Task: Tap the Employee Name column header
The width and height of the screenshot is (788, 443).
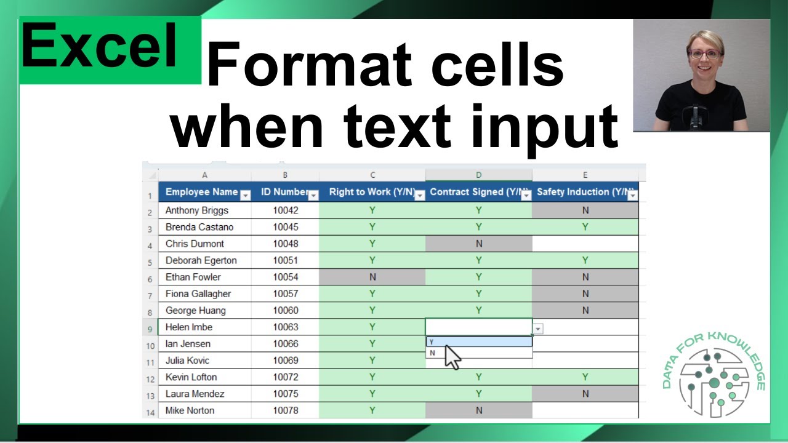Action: click(201, 192)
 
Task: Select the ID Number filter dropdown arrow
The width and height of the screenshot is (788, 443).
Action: click(313, 196)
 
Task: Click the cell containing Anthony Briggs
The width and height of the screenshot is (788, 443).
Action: click(197, 210)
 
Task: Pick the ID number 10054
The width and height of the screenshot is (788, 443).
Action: click(285, 277)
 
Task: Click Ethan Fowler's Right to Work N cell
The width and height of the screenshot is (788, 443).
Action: click(372, 277)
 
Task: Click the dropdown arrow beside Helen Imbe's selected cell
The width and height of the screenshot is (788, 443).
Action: click(538, 329)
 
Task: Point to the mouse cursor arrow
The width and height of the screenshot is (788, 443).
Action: click(452, 357)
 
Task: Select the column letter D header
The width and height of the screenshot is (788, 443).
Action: click(478, 175)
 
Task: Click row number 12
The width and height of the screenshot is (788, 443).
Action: click(150, 378)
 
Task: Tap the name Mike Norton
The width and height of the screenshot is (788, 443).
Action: click(191, 410)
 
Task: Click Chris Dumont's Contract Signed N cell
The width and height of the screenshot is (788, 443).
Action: click(478, 244)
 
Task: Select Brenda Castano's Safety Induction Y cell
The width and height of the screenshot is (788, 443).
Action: click(585, 227)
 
